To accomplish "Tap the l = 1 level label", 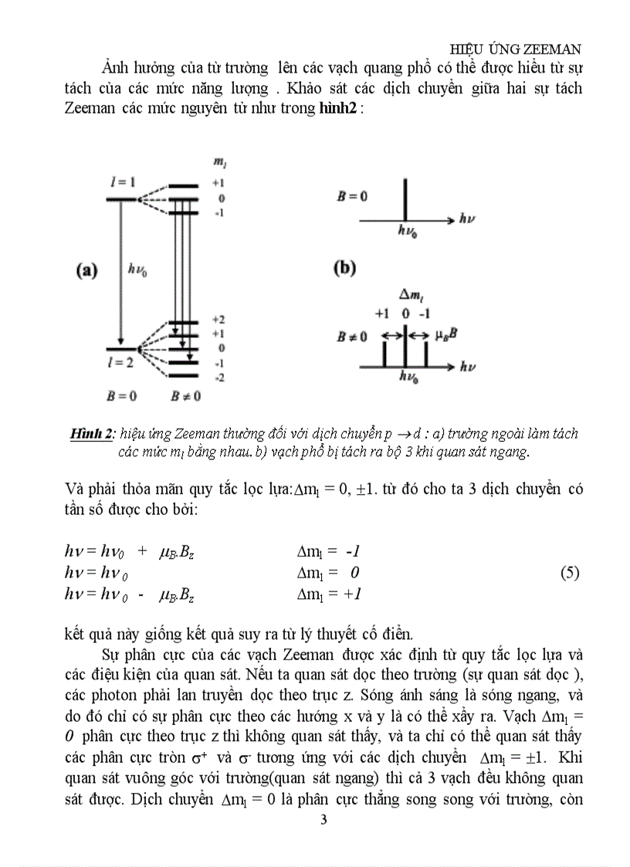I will point(123,181).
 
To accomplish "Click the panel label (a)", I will point(86,270).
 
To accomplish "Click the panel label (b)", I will point(344,269).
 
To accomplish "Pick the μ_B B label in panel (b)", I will point(452,336).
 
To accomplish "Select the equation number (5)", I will point(569,573).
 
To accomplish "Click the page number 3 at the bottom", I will point(323,819).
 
